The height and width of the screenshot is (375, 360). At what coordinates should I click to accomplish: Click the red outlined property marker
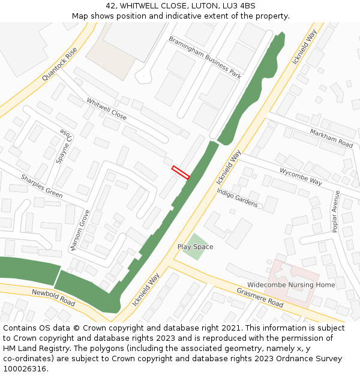[181, 172]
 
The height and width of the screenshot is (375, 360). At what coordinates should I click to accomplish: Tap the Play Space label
[195, 247]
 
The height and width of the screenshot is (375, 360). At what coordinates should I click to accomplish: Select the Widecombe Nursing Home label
[291, 284]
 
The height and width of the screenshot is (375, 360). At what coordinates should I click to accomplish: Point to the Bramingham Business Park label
[205, 58]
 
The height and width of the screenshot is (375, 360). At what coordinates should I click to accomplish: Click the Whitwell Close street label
[107, 109]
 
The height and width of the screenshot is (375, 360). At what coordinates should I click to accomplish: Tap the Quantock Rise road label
[60, 65]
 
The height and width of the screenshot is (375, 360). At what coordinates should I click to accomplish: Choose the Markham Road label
[331, 138]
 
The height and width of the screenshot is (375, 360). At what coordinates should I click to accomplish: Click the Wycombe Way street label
[301, 176]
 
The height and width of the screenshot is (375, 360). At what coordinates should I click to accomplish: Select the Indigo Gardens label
[237, 197]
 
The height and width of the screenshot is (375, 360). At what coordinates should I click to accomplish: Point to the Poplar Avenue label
[335, 211]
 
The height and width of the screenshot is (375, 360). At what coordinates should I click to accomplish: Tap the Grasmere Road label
[259, 298]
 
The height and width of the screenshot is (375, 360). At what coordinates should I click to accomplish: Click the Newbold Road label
[53, 296]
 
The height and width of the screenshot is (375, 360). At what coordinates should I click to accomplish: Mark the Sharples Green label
[41, 186]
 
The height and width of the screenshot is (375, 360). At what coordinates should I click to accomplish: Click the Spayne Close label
[62, 146]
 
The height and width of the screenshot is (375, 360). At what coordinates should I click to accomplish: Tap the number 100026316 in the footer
[25, 368]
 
